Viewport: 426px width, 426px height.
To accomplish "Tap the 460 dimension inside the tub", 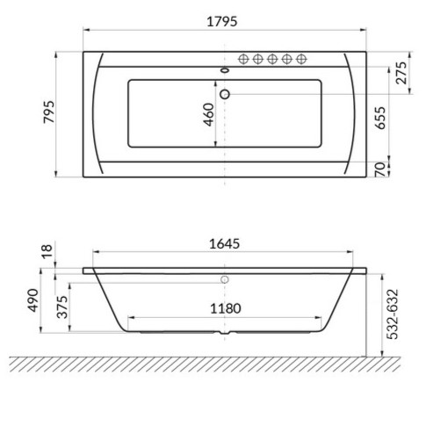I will (x=209, y=115).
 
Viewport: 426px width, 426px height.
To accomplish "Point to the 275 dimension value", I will (x=403, y=74).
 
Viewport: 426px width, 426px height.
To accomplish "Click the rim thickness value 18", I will (x=47, y=253).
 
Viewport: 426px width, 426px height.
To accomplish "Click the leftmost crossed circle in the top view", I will (x=243, y=59).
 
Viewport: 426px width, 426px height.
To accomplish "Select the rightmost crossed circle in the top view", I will (x=301, y=59).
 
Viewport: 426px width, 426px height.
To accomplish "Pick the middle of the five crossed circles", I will (x=272, y=59).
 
